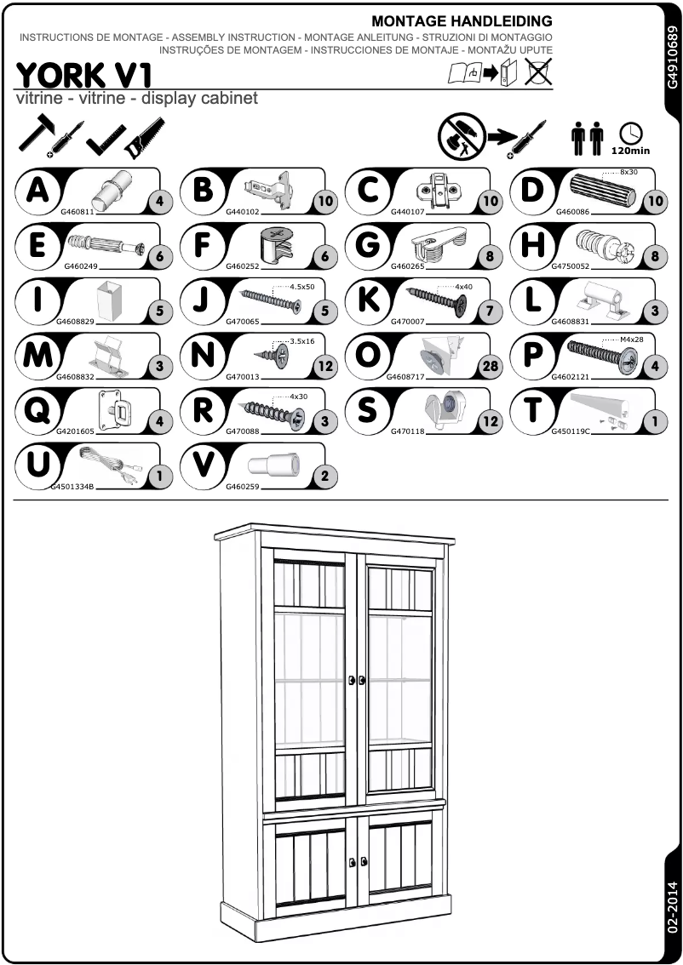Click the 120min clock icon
pos(630,136)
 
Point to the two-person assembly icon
pos(587,138)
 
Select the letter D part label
pos(531,190)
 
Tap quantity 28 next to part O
pos(490,368)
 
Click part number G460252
pos(243,266)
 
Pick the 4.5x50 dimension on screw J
pos(302,287)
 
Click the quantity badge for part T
pos(654,421)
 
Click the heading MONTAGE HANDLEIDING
pos(462,20)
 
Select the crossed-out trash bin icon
pos(538,71)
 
